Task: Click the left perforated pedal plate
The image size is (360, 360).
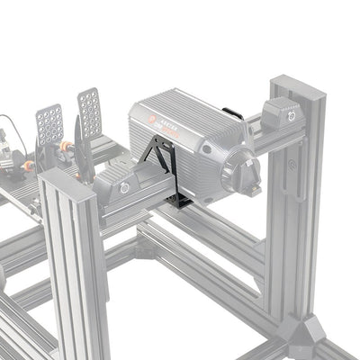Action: click(x=49, y=124)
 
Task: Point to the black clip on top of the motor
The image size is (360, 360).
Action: click(x=232, y=113)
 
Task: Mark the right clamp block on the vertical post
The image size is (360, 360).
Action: click(x=283, y=115)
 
